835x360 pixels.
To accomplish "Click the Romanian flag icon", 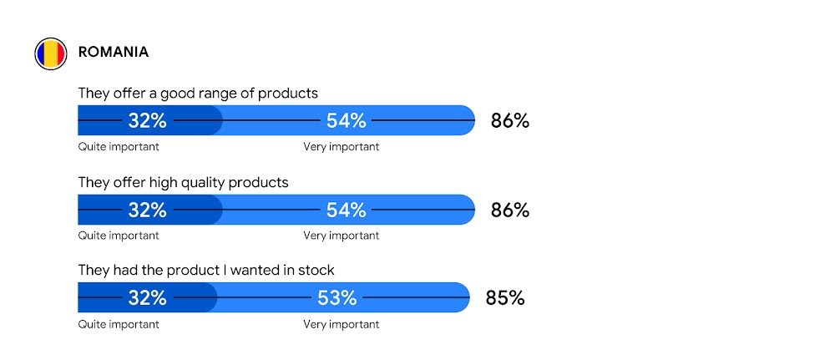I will pos(50,53).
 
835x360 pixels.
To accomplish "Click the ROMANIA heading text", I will pos(114,52).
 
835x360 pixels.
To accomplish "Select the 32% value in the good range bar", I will pos(147,121).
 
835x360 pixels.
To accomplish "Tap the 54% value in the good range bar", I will pos(346,121).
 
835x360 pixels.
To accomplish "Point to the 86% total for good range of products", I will pos(509,121).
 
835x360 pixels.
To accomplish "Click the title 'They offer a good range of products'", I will pos(198,93).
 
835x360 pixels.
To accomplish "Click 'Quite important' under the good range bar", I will pos(119,147).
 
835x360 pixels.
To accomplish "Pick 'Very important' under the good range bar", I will pos(341,147).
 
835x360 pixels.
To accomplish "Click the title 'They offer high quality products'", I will pos(183,182).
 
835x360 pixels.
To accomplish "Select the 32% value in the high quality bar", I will pos(147,210).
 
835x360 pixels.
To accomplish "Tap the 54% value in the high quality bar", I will pos(346,210).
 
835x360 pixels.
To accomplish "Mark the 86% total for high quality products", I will pos(509,210).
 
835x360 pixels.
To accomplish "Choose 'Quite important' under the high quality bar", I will pos(119,236).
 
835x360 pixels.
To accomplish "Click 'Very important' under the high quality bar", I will pos(341,236).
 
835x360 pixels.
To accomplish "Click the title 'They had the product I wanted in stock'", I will pos(206,270).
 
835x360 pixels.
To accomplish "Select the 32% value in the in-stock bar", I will pos(147,298).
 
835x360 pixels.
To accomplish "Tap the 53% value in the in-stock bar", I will pos(337,298).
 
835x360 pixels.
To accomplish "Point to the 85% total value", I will pos(504,298).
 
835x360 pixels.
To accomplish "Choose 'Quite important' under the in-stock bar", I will pos(119,324).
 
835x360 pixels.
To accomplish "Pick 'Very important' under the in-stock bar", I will pos(341,324).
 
